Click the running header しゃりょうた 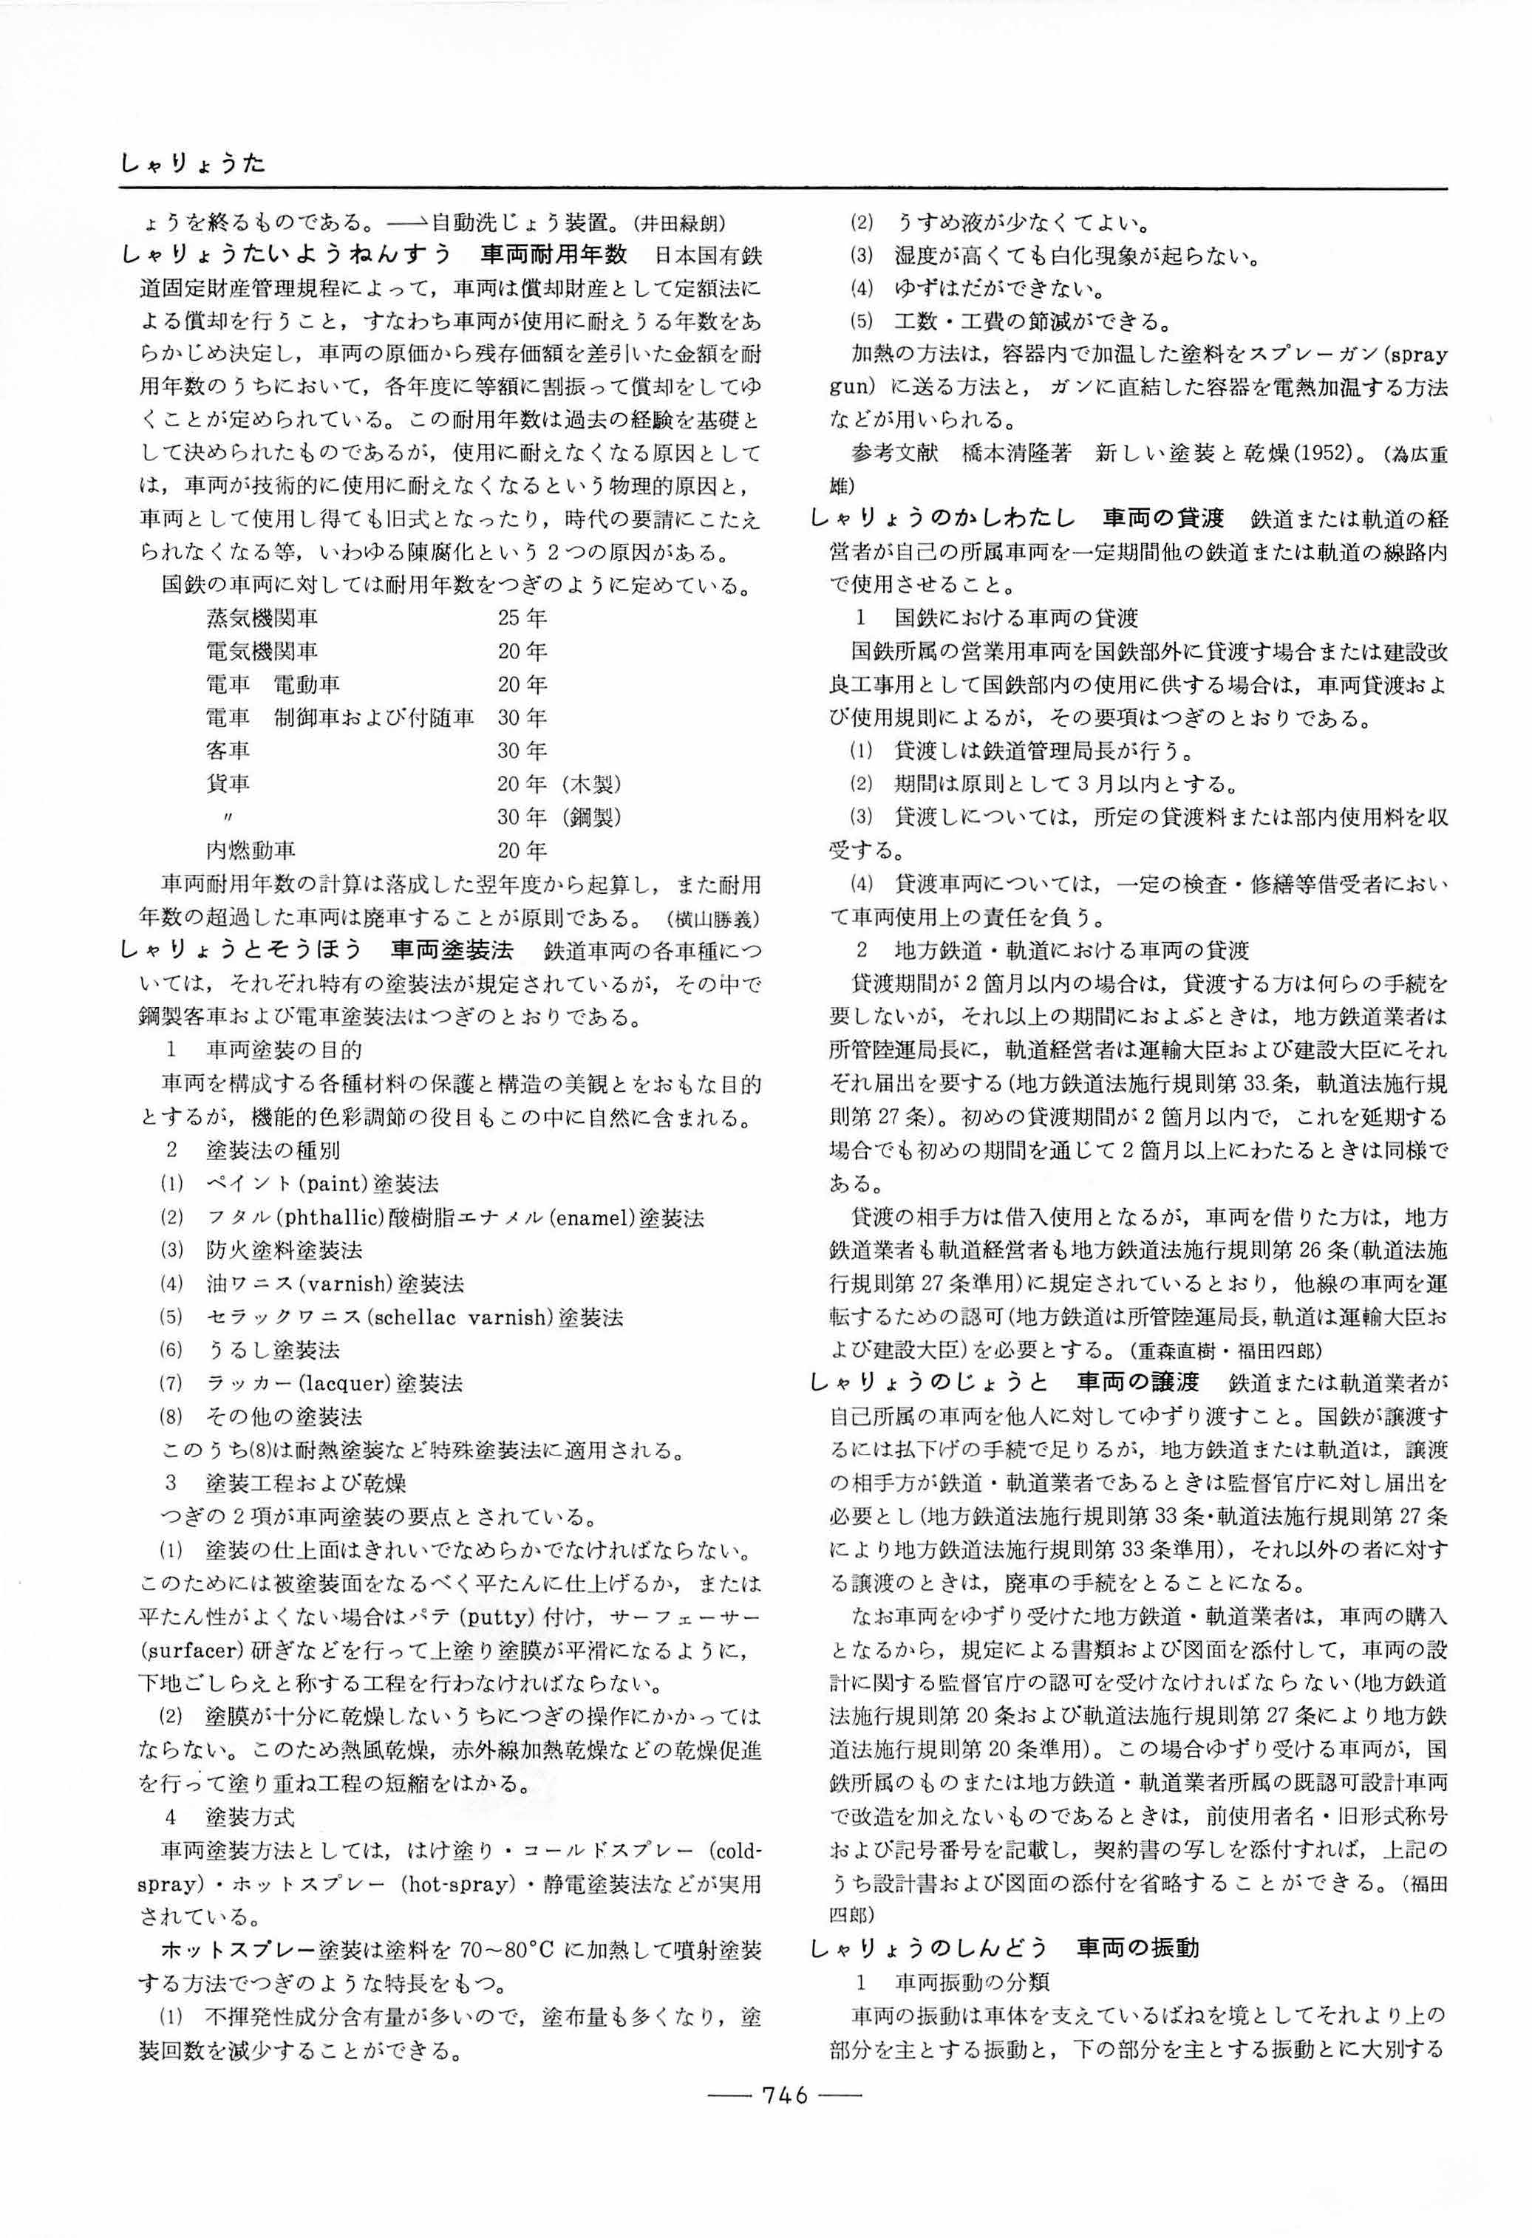[x=193, y=165]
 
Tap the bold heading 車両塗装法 [x=452, y=950]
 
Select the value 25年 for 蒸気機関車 [x=522, y=617]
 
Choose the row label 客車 [x=228, y=750]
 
